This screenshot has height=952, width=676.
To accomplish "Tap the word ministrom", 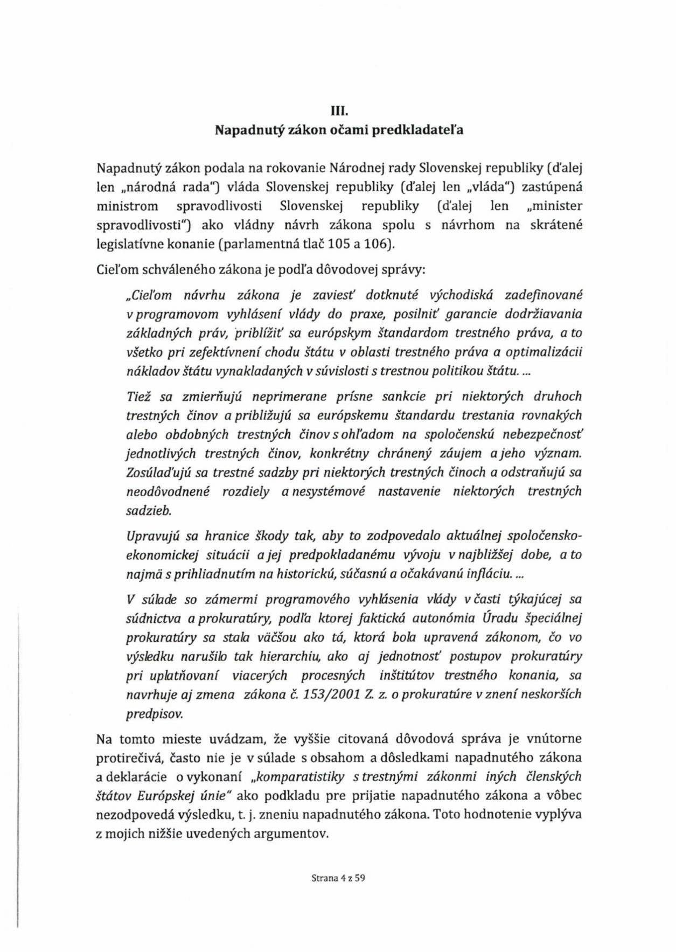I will coord(127,206).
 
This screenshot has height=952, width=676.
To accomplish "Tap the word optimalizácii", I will coord(546,352).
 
